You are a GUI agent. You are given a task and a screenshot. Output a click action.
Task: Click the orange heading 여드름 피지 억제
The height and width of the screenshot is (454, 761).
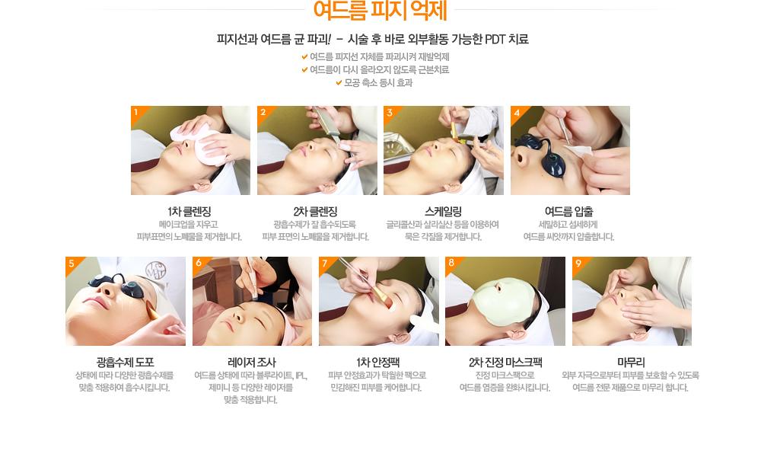click(380, 10)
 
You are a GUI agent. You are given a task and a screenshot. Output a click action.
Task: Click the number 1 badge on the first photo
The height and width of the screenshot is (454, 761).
click(136, 112)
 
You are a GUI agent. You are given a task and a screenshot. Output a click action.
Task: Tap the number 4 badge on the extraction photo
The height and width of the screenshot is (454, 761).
click(517, 113)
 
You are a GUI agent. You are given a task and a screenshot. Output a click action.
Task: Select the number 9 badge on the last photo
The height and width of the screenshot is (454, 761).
click(578, 263)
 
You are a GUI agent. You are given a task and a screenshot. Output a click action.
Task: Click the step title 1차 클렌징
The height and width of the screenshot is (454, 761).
click(189, 212)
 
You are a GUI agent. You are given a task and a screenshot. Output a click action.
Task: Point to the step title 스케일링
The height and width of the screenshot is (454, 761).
click(443, 212)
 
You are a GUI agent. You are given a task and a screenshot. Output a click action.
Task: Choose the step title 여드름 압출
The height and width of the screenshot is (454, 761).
click(568, 212)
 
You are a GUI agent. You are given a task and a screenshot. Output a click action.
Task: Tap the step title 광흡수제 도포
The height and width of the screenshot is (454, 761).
click(126, 363)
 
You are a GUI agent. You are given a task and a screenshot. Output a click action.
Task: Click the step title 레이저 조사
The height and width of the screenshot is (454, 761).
click(251, 363)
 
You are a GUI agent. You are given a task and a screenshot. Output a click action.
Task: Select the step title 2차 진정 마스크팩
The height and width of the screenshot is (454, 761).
click(505, 363)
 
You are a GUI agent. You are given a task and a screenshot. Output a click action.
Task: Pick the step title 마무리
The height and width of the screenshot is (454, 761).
click(631, 363)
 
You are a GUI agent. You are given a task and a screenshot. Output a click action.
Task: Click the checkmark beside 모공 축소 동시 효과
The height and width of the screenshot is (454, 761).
click(339, 83)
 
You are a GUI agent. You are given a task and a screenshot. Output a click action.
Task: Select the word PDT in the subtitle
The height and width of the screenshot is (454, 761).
click(495, 40)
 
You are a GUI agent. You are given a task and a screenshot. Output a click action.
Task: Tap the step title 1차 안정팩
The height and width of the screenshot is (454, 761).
click(378, 363)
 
